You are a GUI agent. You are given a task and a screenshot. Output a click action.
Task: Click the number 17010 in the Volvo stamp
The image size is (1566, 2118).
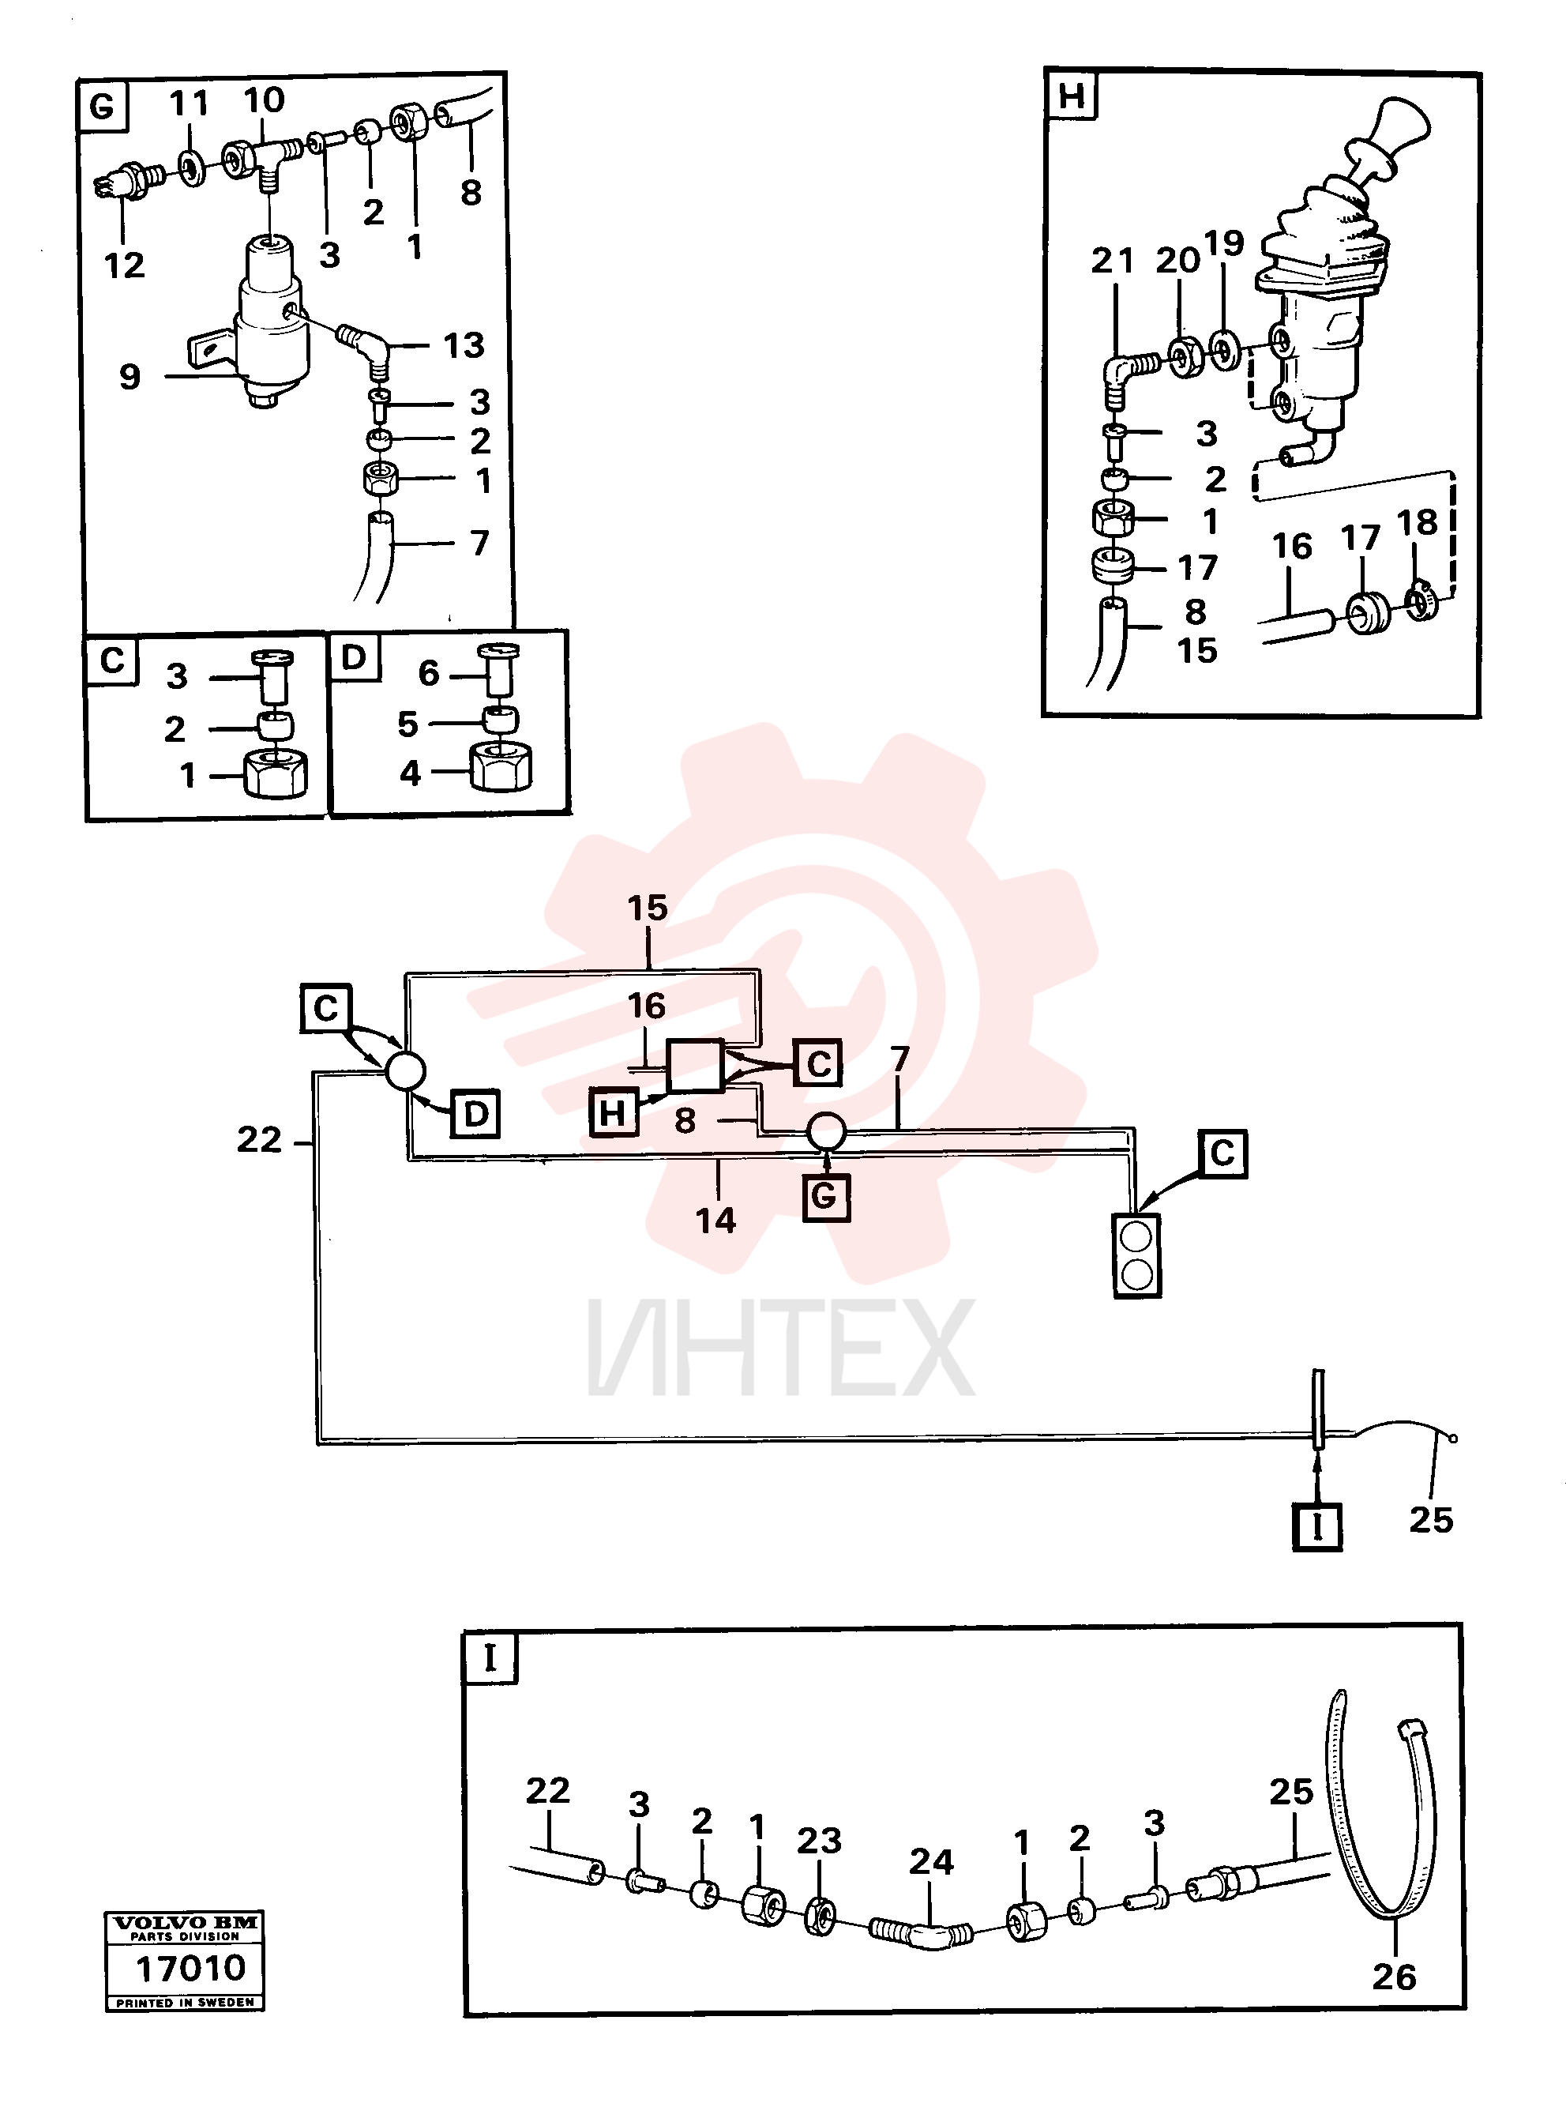(x=190, y=1968)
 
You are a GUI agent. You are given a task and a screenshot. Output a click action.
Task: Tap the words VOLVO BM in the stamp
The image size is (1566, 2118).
(x=185, y=1924)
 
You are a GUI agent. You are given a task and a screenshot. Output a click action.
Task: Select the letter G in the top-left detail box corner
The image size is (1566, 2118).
(x=101, y=106)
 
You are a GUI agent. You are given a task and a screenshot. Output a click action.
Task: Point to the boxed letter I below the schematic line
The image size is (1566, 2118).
(x=1316, y=1526)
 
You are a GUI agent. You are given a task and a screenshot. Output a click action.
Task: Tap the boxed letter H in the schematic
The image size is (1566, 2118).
(x=614, y=1112)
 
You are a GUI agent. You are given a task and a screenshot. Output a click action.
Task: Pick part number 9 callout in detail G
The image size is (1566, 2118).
(x=130, y=376)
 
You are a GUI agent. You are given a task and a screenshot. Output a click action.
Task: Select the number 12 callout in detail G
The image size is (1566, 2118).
(x=124, y=265)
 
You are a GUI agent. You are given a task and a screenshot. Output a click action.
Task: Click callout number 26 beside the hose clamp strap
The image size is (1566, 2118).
(x=1394, y=1977)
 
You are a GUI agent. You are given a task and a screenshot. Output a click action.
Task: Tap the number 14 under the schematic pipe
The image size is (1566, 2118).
(x=715, y=1221)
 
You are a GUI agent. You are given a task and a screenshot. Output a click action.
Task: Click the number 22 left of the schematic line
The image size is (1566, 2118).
(x=259, y=1140)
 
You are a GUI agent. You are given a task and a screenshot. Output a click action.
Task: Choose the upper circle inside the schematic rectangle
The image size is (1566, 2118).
(x=1136, y=1237)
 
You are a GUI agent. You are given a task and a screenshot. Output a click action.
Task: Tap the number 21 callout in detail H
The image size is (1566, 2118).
(x=1112, y=260)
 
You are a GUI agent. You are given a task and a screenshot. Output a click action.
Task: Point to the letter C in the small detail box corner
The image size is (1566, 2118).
(x=112, y=660)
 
